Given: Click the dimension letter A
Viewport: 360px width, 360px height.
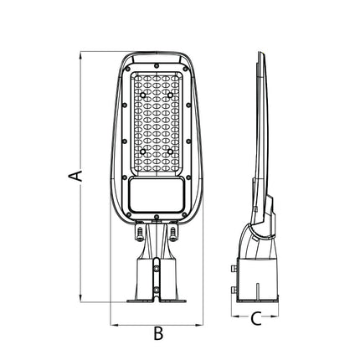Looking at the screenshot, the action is [75, 176].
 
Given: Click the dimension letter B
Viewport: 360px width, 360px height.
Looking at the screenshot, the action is [158, 333].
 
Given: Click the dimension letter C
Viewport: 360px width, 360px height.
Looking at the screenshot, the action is [256, 319].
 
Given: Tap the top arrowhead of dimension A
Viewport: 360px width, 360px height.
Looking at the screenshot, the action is [80, 56].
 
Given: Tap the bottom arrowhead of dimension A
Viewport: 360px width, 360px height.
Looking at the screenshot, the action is [80, 298].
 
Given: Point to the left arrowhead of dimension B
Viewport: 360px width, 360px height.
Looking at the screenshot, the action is [115, 325].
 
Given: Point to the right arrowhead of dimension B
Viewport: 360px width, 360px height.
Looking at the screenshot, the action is [199, 325].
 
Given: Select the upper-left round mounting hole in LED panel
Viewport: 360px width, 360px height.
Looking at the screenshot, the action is [143, 95].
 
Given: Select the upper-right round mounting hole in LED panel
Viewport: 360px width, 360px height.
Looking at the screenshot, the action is [170, 95].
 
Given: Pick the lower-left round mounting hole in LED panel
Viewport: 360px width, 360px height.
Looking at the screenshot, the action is [143, 152].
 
